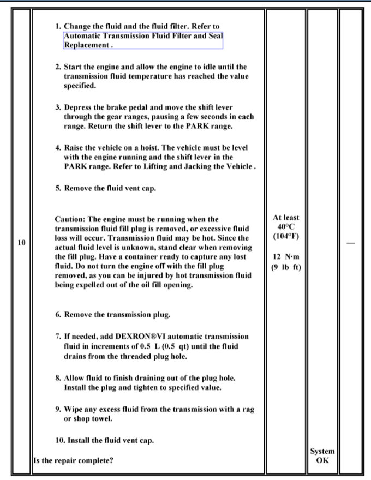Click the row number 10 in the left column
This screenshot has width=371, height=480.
pyautogui.click(x=21, y=243)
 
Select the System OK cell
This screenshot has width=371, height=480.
pyautogui.click(x=322, y=456)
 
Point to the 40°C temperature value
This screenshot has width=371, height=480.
pyautogui.click(x=285, y=227)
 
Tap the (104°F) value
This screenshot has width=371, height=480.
pyautogui.click(x=285, y=237)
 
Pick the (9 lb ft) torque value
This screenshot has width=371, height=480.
pyautogui.click(x=285, y=267)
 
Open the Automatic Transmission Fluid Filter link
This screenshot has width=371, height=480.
pyautogui.click(x=143, y=36)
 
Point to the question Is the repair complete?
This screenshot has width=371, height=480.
pyautogui.click(x=73, y=460)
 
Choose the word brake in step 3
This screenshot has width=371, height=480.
pyautogui.click(x=120, y=107)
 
